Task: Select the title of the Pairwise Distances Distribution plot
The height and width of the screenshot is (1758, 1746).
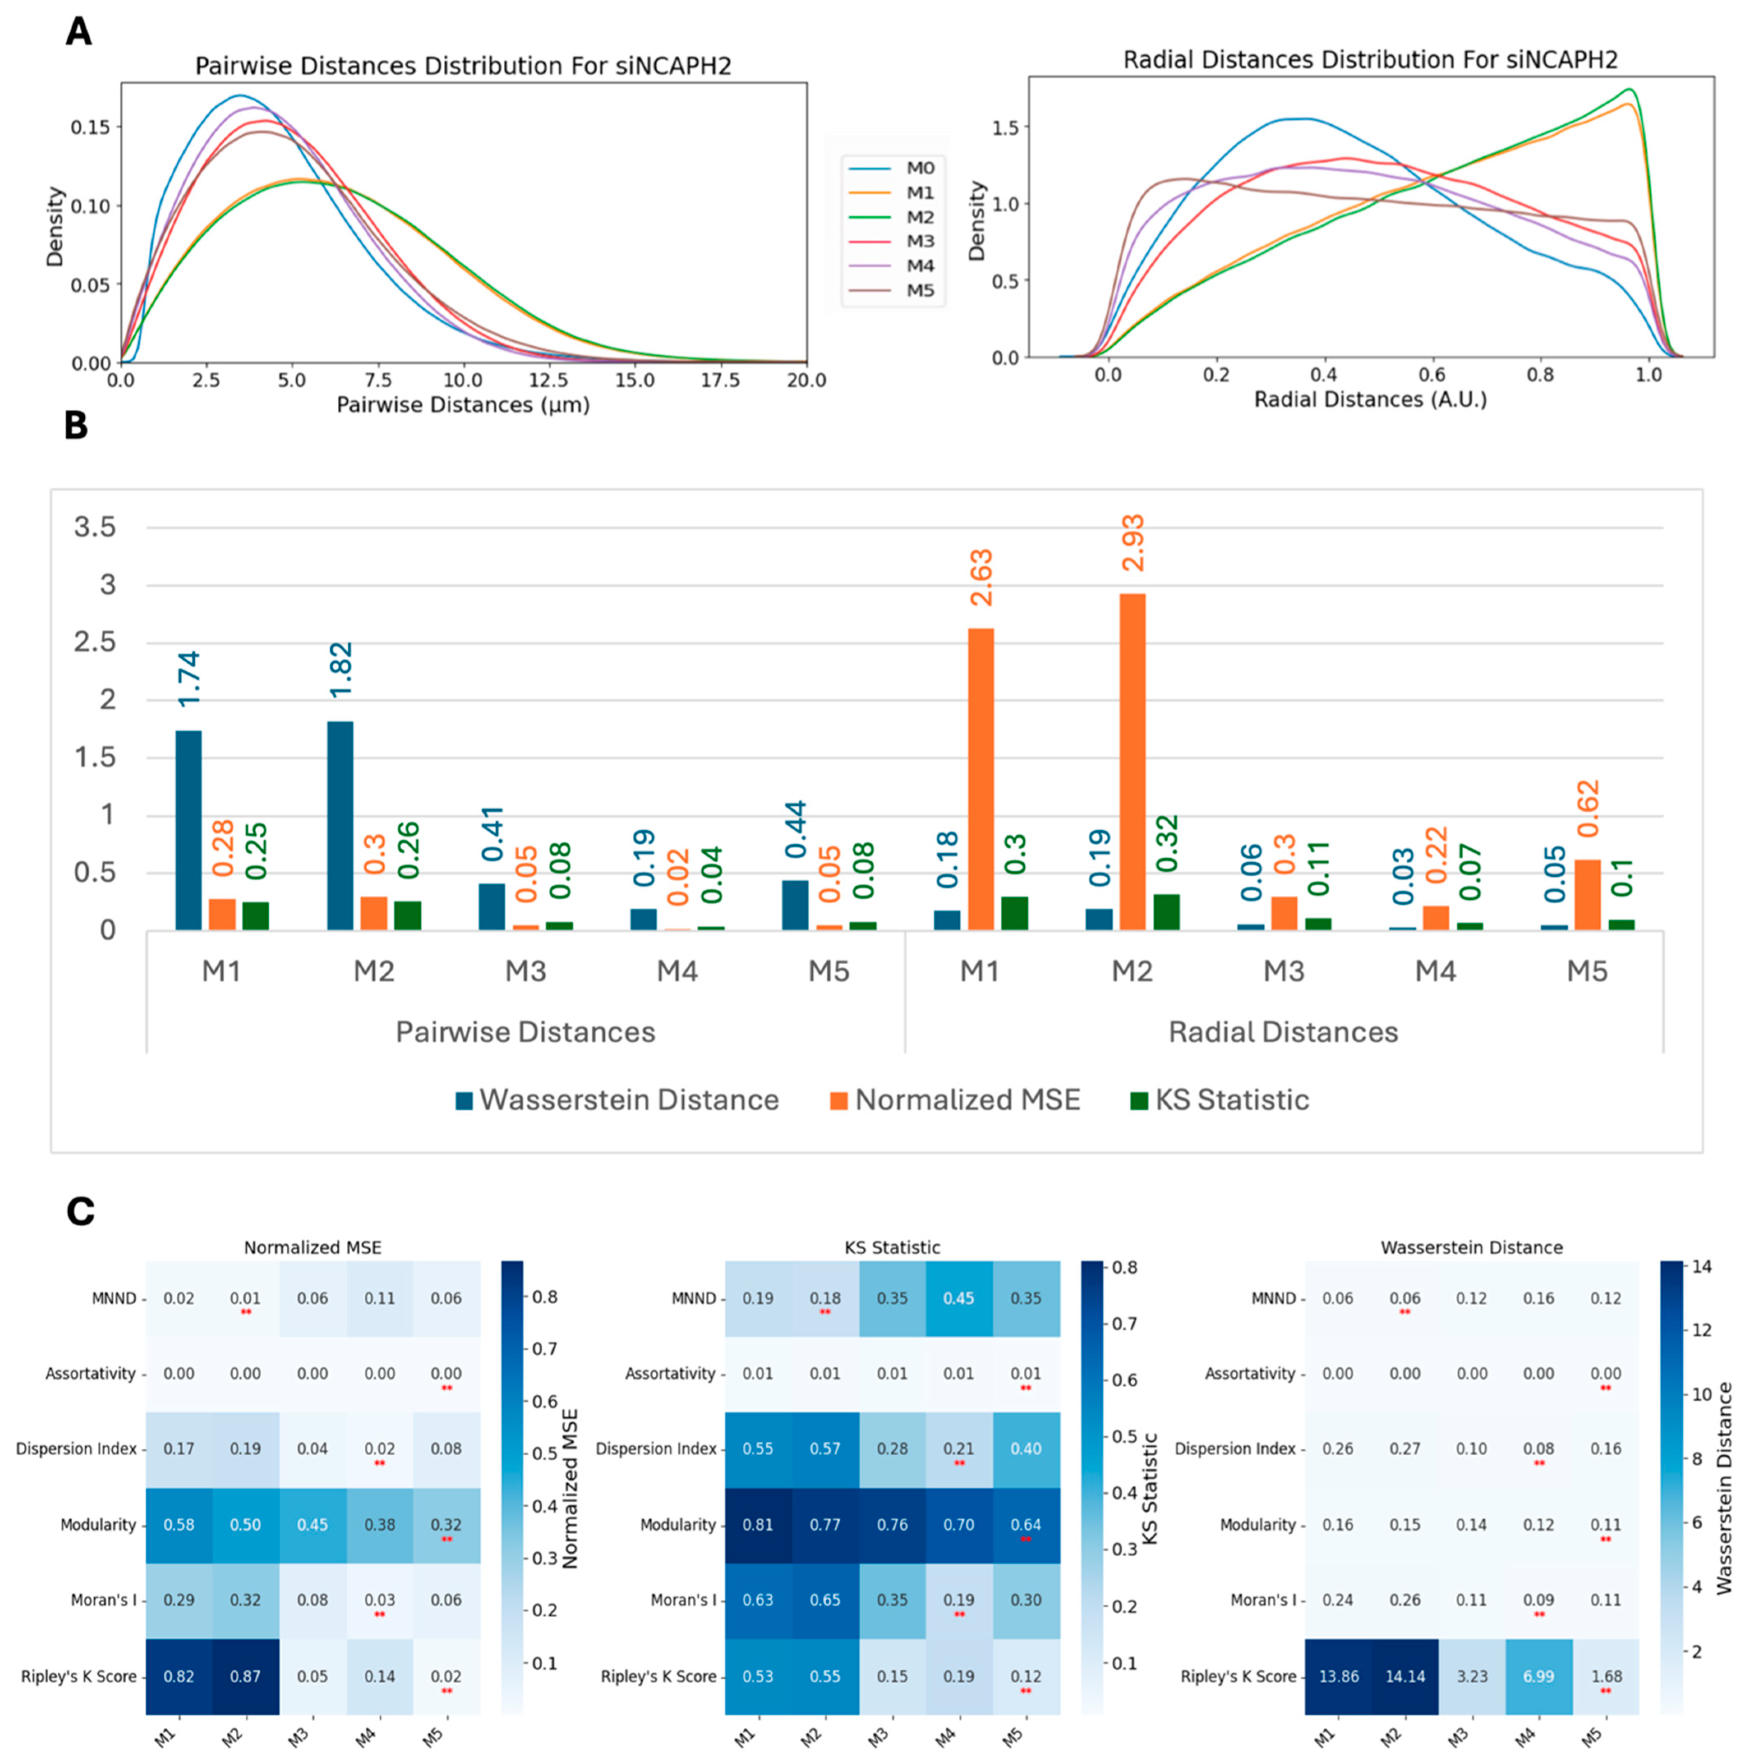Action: tap(463, 67)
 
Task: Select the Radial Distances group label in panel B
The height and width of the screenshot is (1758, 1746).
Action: tap(1283, 1032)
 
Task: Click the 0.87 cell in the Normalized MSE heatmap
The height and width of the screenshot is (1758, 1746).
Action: tap(246, 1676)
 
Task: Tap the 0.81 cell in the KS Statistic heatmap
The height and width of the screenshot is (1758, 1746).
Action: tap(758, 1525)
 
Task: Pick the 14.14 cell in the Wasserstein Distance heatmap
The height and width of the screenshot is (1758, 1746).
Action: tap(1405, 1676)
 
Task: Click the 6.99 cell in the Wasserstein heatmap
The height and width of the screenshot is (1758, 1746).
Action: tap(1539, 1676)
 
